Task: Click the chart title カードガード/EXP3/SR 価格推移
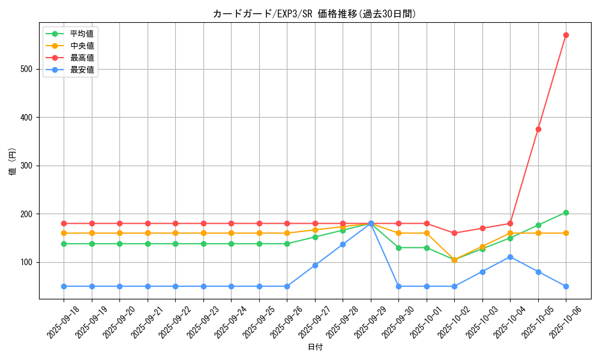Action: [x=314, y=14]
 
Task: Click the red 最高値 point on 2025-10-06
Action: [x=566, y=35]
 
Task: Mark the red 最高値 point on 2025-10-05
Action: [x=538, y=129]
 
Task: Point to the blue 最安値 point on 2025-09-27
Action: [x=315, y=265]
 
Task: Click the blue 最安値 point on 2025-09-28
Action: [x=343, y=244]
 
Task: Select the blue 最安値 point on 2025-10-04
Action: [x=510, y=257]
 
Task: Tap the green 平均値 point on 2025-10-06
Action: [x=566, y=212]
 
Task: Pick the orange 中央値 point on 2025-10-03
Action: [x=482, y=247]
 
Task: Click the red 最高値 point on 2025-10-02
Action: [x=454, y=233]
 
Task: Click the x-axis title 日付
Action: [x=315, y=347]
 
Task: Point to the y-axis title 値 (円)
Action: [x=13, y=161]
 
